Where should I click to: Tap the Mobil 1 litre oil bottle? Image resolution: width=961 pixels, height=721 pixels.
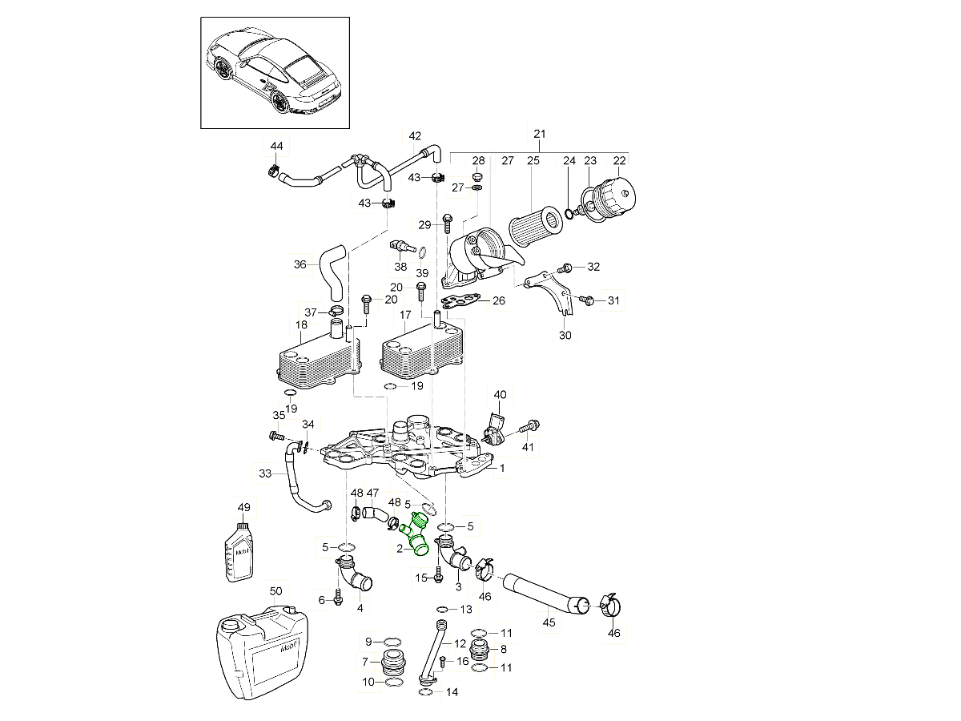tap(239, 551)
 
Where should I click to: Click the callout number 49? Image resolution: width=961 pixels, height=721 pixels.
tap(244, 507)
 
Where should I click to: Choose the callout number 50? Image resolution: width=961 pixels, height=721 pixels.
tap(275, 591)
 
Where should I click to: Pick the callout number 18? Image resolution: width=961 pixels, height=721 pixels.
tap(301, 325)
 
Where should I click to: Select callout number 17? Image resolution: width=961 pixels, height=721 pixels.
tap(405, 315)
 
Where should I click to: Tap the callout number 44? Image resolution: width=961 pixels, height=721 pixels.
tap(276, 146)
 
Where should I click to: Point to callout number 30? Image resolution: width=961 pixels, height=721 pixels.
tap(565, 336)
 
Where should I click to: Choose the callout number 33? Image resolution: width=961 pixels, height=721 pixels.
tap(266, 474)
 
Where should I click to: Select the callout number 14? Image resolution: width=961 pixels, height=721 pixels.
tap(452, 691)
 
